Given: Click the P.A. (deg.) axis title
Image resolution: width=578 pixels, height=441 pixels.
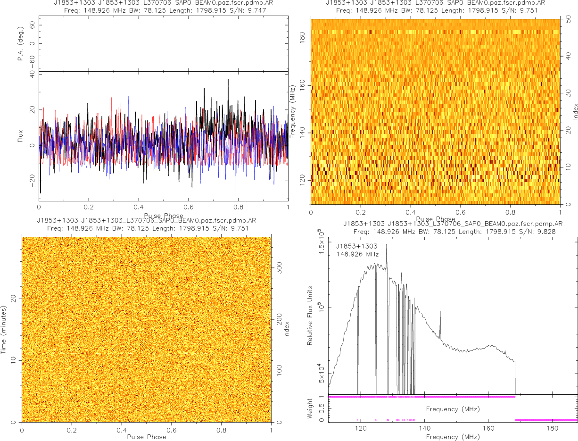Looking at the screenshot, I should (21, 44).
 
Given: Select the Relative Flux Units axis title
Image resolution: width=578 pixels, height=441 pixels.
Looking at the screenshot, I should (310, 315).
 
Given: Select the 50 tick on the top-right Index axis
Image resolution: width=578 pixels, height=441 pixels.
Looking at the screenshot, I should (569, 20).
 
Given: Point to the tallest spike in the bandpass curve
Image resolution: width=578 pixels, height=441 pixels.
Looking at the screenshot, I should (387, 245).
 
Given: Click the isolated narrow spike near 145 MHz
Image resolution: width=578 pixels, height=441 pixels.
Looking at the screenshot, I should (440, 312).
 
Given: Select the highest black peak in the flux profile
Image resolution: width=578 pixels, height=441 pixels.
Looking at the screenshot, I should (228, 80).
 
